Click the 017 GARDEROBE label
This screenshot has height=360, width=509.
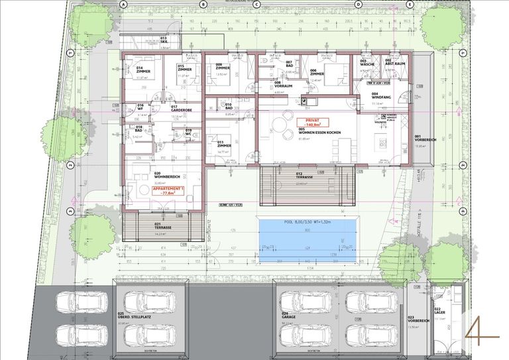click(x=181, y=108)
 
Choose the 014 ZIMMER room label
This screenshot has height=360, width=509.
click(x=143, y=70)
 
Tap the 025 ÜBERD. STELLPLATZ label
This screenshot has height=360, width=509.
click(x=130, y=316)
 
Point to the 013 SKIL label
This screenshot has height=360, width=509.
click(x=164, y=40)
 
